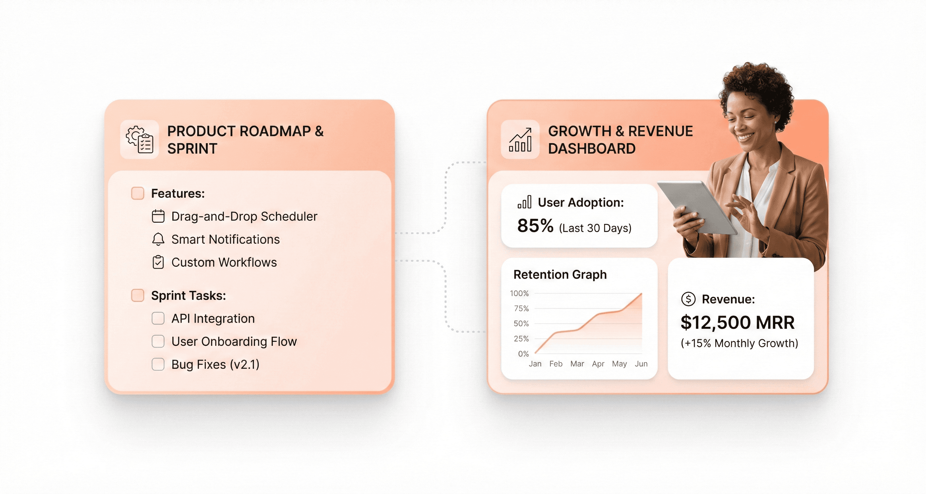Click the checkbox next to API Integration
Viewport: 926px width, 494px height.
[x=158, y=318]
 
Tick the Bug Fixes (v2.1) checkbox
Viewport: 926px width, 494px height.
[x=158, y=364]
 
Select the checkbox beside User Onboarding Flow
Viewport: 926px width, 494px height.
[x=158, y=341]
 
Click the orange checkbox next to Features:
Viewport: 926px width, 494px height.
[x=138, y=193]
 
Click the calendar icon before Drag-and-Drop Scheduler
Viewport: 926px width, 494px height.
[x=158, y=216]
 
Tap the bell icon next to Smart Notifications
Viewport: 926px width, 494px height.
[x=158, y=239]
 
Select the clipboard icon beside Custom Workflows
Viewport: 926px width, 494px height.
[x=158, y=262]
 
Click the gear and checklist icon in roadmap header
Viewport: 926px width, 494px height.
[x=139, y=139]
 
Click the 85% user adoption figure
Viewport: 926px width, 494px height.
[x=535, y=226]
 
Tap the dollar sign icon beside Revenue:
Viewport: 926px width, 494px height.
[x=688, y=299]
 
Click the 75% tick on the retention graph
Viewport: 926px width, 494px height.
[x=521, y=308]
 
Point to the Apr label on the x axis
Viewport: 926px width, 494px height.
[x=598, y=364]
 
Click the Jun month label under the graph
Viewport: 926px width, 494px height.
[x=641, y=364]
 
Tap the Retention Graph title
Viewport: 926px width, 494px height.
[x=560, y=274]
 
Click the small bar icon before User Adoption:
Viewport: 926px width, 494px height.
[x=524, y=202]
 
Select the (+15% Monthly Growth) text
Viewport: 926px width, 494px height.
[x=739, y=343]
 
